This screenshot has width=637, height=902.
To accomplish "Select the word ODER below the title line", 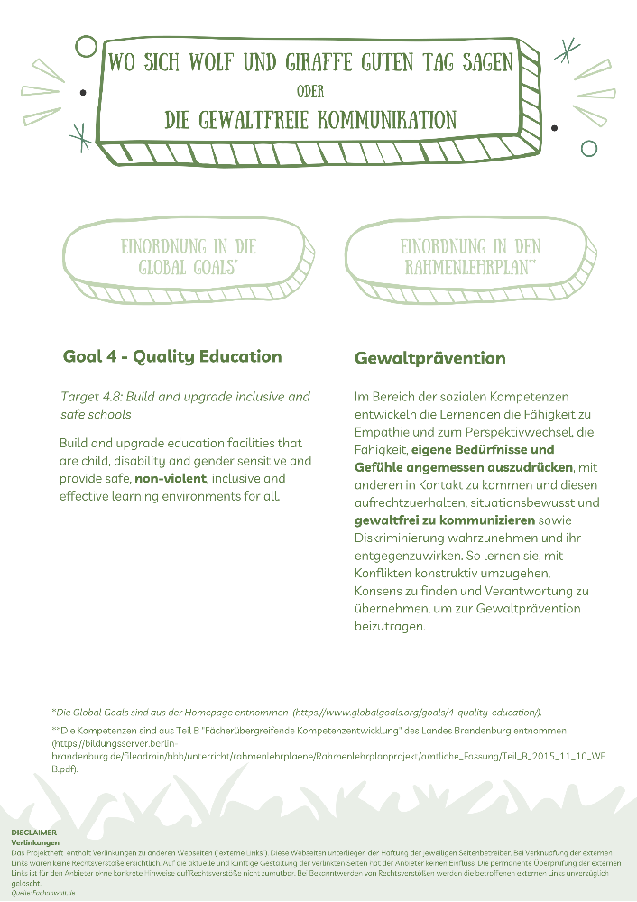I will tap(309, 91).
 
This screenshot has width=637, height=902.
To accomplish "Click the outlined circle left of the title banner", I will tap(87, 46).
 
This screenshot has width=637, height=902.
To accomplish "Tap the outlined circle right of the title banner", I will tap(589, 148).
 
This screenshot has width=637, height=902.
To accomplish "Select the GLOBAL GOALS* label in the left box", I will tap(189, 268).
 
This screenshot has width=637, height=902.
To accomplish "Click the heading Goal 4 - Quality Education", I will tap(172, 356).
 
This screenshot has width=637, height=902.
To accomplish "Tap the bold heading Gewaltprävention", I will tap(429, 358).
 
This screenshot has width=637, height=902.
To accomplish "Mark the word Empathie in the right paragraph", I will tap(383, 432).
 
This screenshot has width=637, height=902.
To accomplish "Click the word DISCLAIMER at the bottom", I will tap(33, 832).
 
